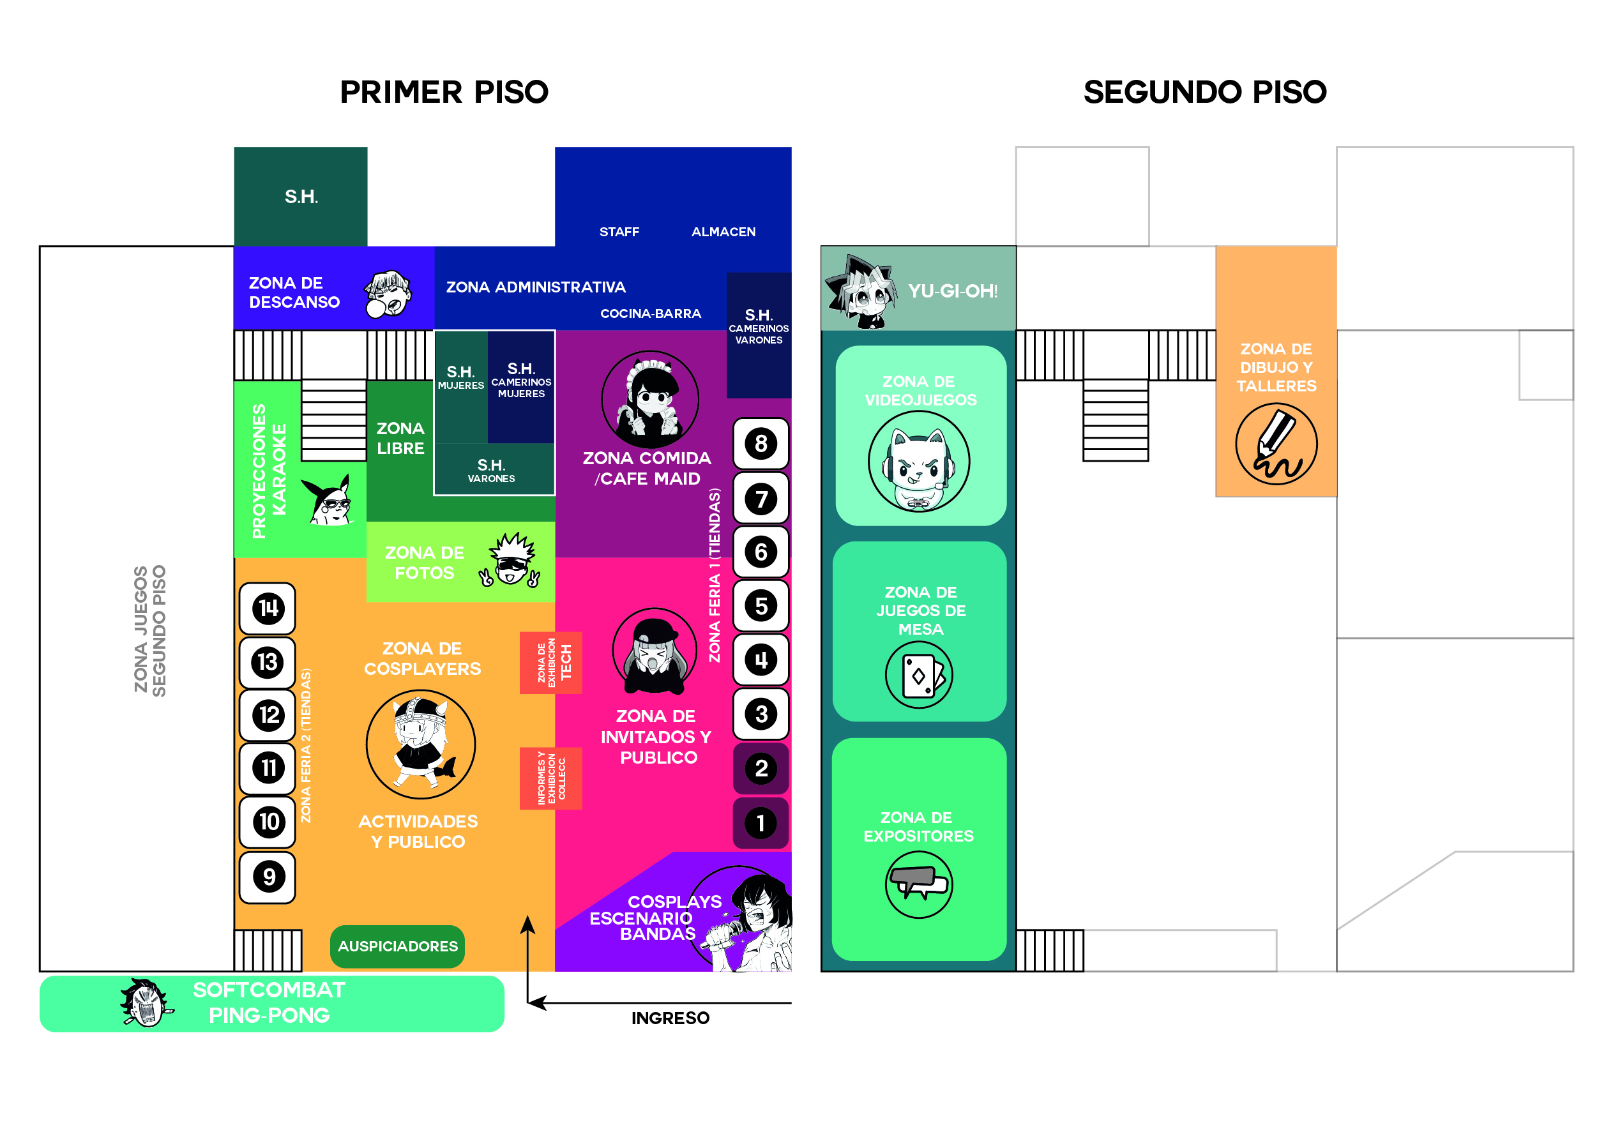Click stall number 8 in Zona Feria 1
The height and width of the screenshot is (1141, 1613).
761,444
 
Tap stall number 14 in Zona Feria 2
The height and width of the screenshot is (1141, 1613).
268,608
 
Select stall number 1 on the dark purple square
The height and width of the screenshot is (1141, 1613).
761,823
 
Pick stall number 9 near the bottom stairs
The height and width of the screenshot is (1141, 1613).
268,877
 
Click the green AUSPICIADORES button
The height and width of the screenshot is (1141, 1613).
398,946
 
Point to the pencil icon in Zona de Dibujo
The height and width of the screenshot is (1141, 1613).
1276,444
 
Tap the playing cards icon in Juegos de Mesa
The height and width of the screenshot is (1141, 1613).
919,675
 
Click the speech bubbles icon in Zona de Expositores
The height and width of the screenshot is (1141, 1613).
919,884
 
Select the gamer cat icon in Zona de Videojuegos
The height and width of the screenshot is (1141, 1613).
919,462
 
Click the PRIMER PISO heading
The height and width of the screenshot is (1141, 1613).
444,92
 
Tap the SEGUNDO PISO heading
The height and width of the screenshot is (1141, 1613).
1205,92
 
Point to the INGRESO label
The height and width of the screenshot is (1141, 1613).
670,1018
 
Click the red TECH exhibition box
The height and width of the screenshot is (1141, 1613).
551,663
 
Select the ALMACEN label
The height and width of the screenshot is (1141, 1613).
723,232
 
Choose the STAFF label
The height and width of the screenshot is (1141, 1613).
619,232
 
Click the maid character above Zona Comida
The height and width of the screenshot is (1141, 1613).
650,399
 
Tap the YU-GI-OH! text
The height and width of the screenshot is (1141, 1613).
953,291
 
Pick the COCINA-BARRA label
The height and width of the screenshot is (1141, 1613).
651,314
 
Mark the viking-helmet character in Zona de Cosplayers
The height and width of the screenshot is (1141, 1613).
421,744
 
